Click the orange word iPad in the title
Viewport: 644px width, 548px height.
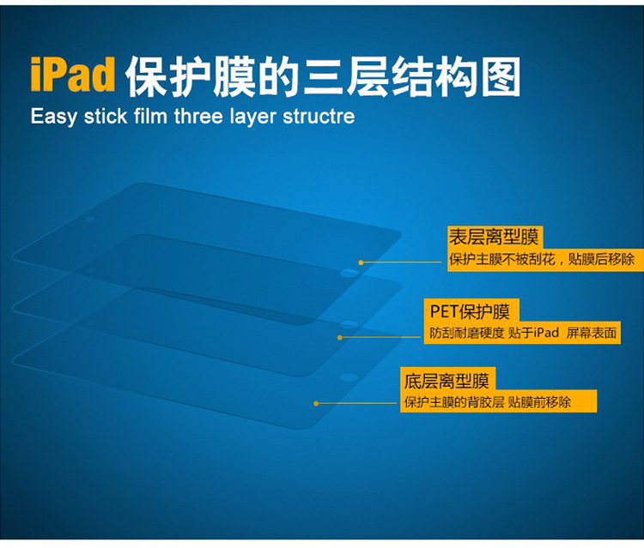coord(73,75)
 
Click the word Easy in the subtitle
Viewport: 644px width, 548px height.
coord(53,117)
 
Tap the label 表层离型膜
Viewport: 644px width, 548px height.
coord(493,237)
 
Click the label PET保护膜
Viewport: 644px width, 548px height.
coord(470,311)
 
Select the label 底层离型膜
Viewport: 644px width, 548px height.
coord(447,380)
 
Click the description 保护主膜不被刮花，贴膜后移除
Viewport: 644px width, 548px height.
coord(542,259)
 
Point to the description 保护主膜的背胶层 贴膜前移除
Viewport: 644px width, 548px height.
coord(488,402)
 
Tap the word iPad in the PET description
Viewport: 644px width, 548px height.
coord(546,332)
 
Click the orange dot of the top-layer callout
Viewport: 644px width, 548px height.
coord(361,262)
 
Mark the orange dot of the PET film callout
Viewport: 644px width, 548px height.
coord(340,338)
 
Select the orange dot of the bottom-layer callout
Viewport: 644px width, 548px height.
coord(316,404)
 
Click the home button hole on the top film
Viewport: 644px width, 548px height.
coord(349,273)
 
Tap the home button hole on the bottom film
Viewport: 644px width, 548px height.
coord(349,377)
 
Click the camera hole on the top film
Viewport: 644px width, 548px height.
coord(90,220)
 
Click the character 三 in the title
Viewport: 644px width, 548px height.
coord(324,77)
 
